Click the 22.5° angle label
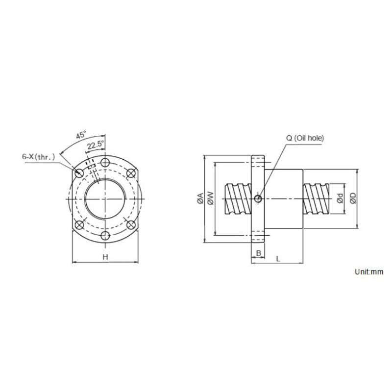click(x=95, y=145)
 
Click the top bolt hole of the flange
click(x=104, y=163)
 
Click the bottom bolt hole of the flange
click(x=104, y=236)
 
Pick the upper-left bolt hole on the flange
click(x=78, y=172)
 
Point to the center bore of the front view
click(x=104, y=199)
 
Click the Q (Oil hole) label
click(x=305, y=139)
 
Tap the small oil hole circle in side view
click(x=258, y=198)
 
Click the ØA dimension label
click(x=199, y=198)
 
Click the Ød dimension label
click(x=340, y=198)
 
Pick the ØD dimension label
click(x=352, y=198)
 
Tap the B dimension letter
click(x=258, y=254)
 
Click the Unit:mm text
click(x=368, y=271)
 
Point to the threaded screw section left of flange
click(x=238, y=198)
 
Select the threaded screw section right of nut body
click(x=318, y=198)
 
